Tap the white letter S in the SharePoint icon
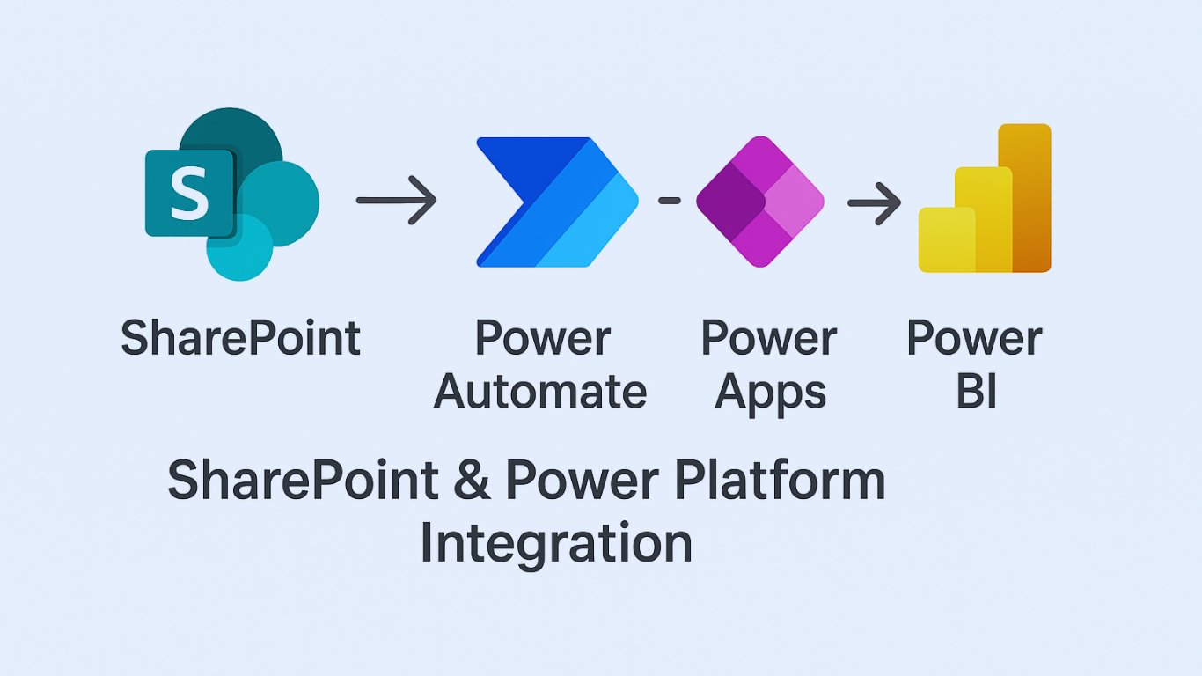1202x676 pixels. [189, 195]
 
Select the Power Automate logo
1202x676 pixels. [556, 202]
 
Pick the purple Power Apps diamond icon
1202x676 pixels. [759, 202]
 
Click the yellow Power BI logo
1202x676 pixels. [985, 200]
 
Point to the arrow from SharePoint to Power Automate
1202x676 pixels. [396, 201]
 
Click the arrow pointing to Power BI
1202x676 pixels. [874, 202]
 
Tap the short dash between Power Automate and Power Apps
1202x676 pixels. [670, 201]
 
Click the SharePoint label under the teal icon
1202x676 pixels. [240, 339]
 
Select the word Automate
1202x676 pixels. [540, 392]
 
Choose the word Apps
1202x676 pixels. [770, 393]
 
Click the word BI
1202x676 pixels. [976, 392]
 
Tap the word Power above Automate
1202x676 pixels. [543, 339]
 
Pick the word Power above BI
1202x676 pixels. [974, 339]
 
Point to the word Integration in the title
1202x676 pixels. [556, 542]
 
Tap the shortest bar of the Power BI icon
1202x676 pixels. [946, 239]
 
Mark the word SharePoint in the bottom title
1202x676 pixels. [304, 481]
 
